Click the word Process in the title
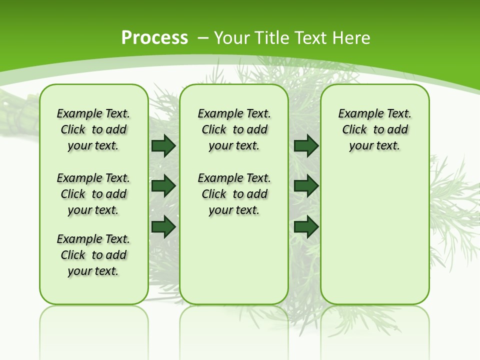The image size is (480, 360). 154,37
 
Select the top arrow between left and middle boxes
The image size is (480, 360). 163,145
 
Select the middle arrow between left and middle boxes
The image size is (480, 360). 163,186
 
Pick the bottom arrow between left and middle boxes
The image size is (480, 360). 163,226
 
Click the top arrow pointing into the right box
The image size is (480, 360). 306,145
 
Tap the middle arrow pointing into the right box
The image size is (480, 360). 306,186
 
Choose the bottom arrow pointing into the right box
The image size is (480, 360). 306,226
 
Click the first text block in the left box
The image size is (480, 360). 93,129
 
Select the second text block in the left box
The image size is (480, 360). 93,194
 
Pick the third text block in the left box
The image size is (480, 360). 93,255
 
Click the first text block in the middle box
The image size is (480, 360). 234,129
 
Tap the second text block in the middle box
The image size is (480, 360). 234,194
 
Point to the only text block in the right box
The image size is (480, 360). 374,129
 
